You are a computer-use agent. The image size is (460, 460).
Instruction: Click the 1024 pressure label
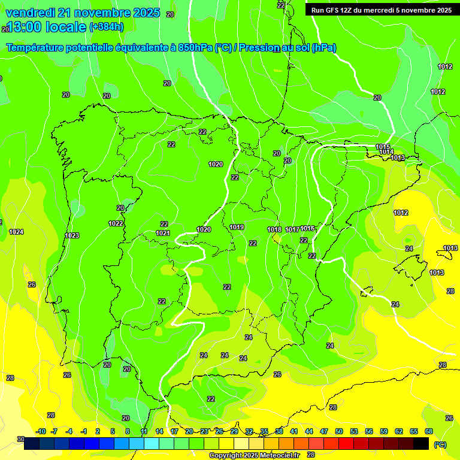coord(16,232)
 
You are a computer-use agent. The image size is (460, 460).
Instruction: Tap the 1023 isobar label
coord(72,235)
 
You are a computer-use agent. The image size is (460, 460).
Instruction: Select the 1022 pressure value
coord(116,223)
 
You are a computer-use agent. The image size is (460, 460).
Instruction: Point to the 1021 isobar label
coord(163,233)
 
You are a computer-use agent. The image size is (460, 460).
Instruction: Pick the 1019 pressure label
coord(237,227)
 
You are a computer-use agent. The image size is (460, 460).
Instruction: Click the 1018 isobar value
coord(274,229)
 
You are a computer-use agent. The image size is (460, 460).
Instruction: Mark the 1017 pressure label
coord(292,229)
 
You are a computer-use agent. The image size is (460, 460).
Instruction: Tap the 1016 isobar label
coord(308,228)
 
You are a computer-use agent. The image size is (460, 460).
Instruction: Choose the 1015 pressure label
coord(383,147)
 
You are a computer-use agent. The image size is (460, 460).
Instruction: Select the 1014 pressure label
coord(386,152)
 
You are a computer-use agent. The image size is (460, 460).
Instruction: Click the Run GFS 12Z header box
coord(381,10)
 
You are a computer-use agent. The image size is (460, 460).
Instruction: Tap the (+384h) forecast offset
coord(107,26)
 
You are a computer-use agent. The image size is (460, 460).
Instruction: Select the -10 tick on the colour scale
coord(41,431)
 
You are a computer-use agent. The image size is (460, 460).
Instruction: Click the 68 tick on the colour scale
coord(429,431)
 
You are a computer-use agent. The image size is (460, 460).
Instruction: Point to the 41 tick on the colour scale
coord(293,431)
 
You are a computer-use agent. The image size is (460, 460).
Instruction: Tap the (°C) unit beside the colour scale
coord(440,444)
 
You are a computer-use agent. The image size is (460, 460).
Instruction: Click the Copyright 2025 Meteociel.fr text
coord(254,455)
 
